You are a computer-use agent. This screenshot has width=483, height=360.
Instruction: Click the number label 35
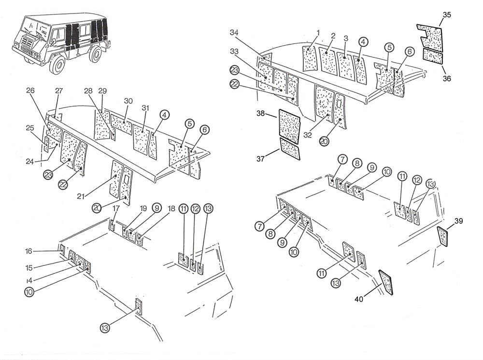(x=447, y=15)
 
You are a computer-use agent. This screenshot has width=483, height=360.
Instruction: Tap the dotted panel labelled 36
(x=433, y=55)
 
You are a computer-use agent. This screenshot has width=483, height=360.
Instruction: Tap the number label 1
(x=318, y=32)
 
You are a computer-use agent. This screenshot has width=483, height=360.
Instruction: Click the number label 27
(x=59, y=91)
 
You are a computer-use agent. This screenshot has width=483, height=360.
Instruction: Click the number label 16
(x=29, y=251)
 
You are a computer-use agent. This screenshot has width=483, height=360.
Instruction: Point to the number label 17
(x=116, y=208)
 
